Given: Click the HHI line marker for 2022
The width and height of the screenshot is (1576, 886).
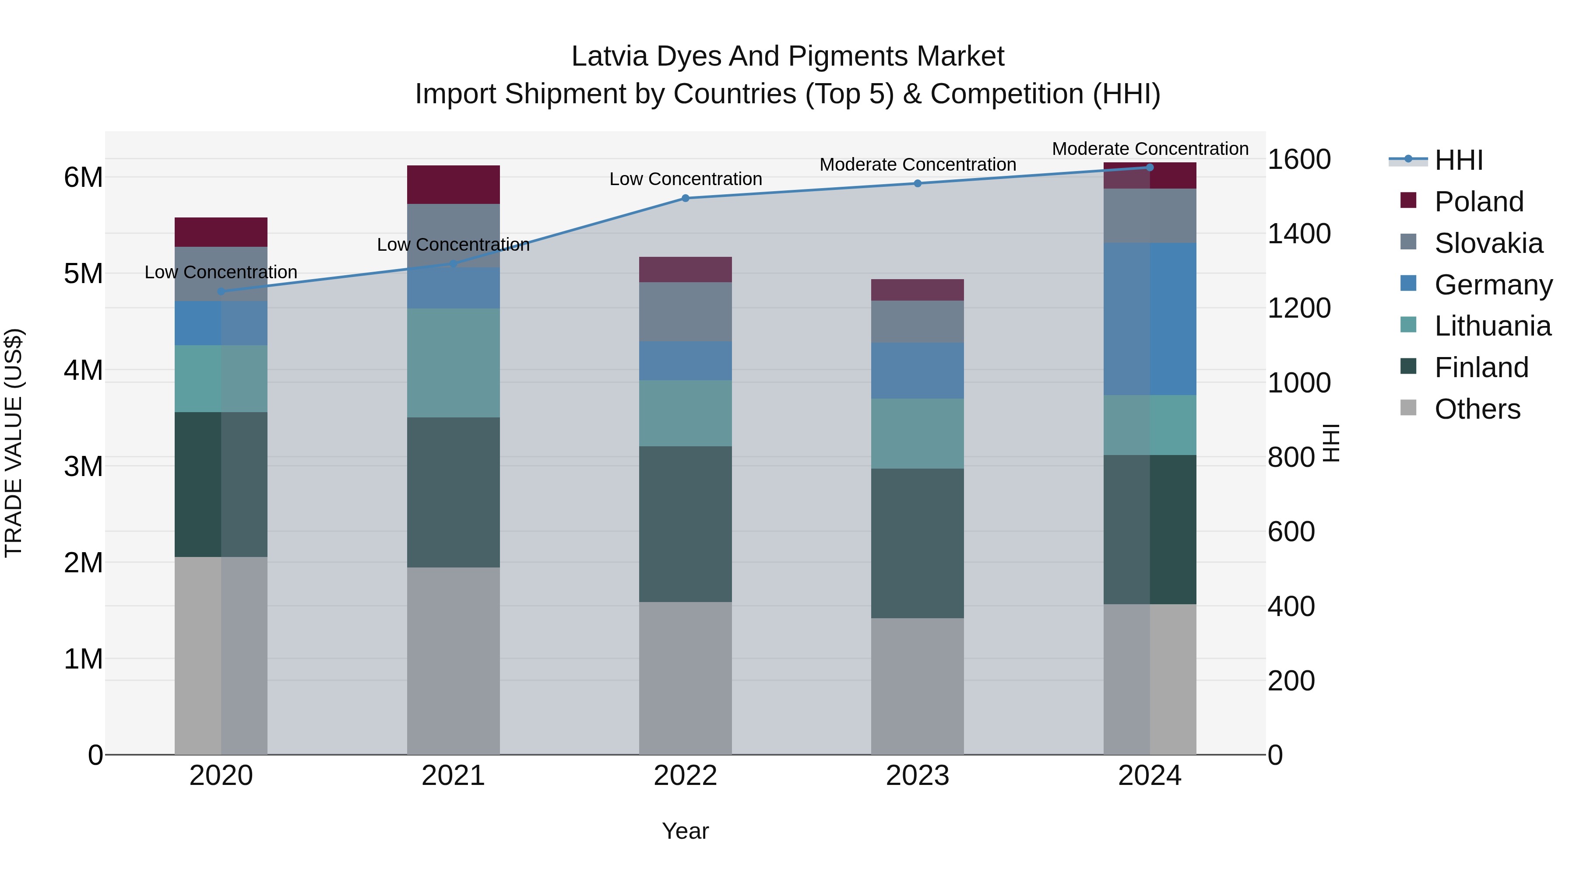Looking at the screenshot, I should [685, 198].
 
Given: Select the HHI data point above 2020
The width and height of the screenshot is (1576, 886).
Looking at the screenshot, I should [221, 291].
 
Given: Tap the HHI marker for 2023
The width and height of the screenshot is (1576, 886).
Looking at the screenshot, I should [917, 183].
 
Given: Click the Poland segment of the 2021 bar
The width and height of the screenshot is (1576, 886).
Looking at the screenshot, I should [454, 185].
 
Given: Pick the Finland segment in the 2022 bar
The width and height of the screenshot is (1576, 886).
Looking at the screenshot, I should [685, 524].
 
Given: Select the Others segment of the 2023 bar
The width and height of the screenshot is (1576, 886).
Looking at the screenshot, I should [917, 686].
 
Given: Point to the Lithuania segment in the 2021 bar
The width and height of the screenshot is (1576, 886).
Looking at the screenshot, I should [454, 363].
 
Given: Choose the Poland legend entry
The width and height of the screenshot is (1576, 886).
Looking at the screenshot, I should [1479, 202].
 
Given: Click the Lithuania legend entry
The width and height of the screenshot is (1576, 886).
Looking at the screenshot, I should [1492, 326].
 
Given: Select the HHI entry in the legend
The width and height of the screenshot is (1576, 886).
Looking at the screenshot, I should [1459, 160].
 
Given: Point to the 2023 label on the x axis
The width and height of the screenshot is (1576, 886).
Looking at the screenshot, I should [917, 776].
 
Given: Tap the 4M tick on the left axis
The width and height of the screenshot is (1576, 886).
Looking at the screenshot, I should [83, 370].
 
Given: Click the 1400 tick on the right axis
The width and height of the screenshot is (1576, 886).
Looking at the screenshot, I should [1298, 234].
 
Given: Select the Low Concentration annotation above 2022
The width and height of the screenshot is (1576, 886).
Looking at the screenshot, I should [685, 179].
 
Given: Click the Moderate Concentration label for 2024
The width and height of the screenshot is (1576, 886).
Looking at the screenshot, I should [1150, 149].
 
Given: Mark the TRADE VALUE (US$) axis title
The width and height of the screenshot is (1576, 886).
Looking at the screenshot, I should [14, 443].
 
